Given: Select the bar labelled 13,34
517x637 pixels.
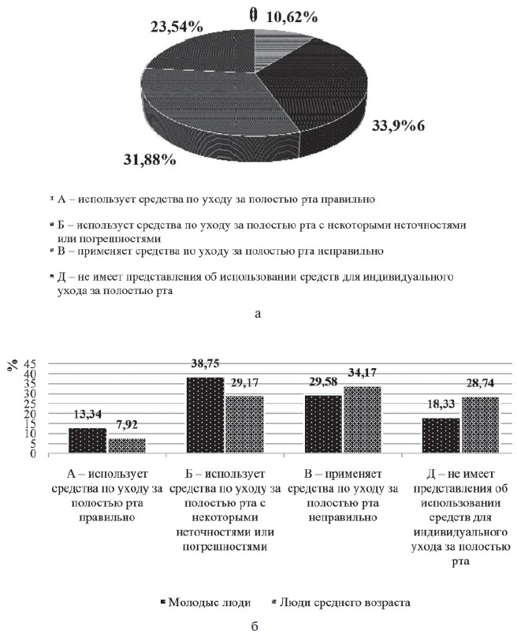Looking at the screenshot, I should pos(87,440).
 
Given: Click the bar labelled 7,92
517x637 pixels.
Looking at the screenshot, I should pos(126,445).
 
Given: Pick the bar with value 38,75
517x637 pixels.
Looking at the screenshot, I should pos(205,415).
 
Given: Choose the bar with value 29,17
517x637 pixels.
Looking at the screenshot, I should pos(244,424).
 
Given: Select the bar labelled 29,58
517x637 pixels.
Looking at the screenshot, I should pos(322,424).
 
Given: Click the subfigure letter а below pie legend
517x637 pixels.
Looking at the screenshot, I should pos(258,313).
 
